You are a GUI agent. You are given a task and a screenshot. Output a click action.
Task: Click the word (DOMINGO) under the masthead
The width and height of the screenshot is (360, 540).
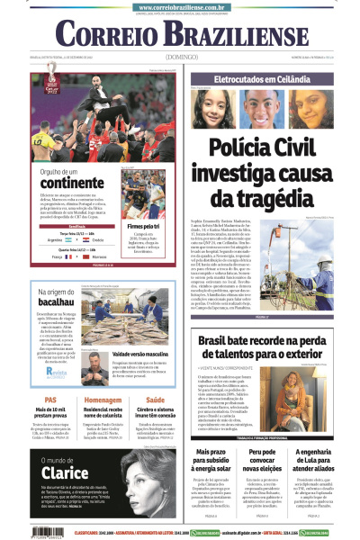coord(181,57)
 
